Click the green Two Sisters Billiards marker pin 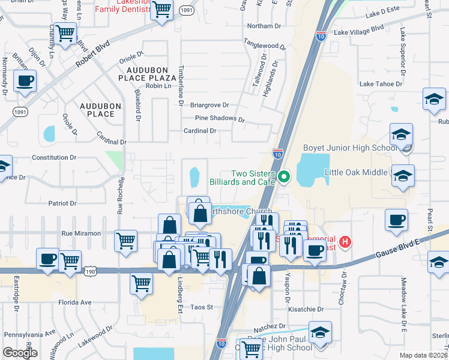click(285, 177)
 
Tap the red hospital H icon click(345, 242)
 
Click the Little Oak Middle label click(357, 172)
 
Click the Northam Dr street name click(264, 26)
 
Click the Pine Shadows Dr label click(220, 119)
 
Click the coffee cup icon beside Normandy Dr click(25, 82)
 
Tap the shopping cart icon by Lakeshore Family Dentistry click(161, 10)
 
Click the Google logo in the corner click(20, 352)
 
